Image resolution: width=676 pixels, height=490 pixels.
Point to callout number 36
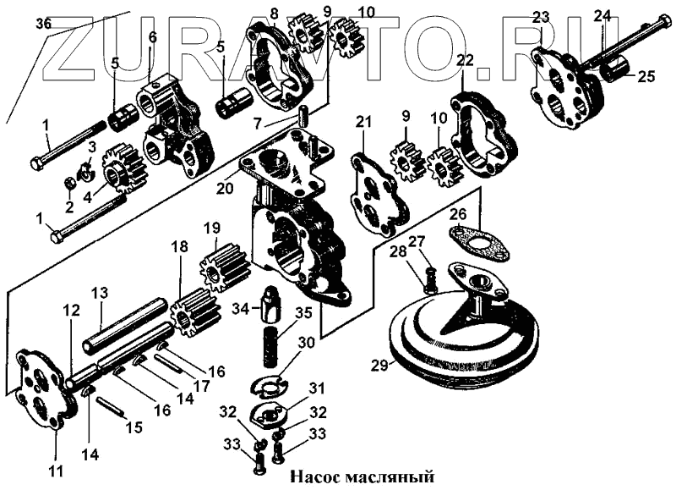tap(43, 24)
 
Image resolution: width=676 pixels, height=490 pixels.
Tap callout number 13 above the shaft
tap(100, 293)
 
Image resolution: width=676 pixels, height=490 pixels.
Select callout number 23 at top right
tap(541, 17)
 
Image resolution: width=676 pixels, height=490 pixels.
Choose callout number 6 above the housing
tap(152, 37)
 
